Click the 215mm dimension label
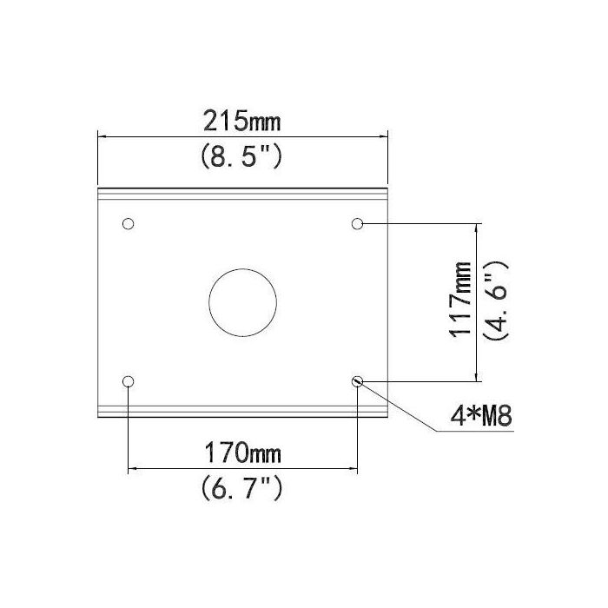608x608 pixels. click(242, 120)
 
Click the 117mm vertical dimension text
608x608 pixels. click(462, 300)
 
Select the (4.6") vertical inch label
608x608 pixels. click(501, 300)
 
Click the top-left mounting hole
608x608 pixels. click(129, 224)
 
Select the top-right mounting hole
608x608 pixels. click(357, 224)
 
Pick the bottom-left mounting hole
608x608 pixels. click(129, 381)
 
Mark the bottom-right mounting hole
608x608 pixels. click(357, 381)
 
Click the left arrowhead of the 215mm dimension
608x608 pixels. click(102, 135)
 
